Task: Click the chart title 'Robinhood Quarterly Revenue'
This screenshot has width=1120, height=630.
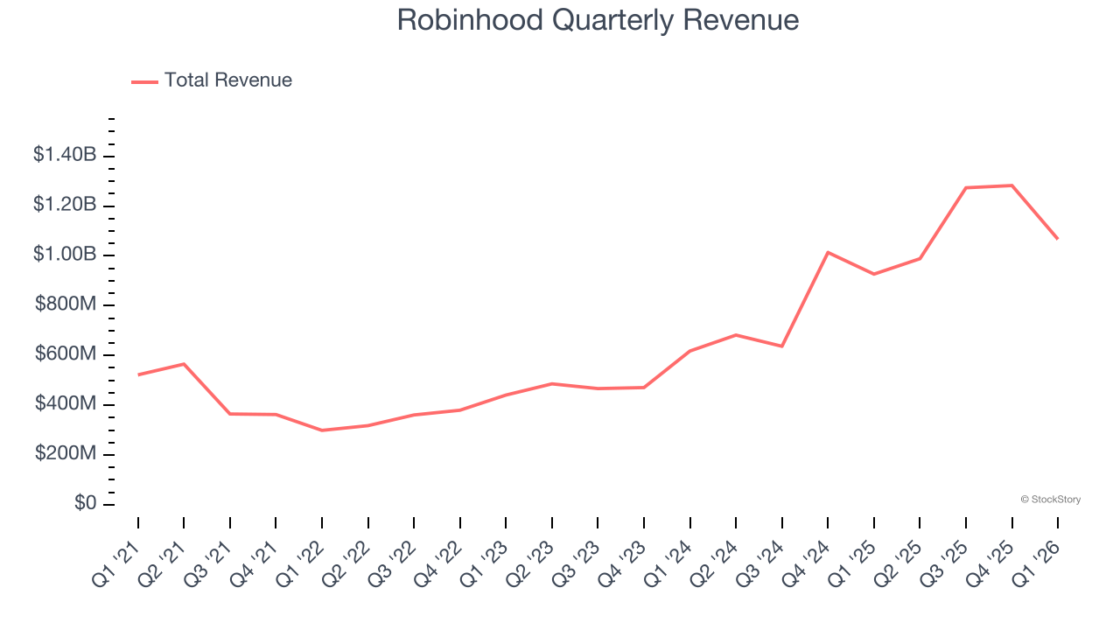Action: (x=598, y=19)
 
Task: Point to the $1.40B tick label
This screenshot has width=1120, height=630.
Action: (x=65, y=155)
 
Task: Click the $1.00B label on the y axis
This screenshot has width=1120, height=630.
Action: (x=65, y=255)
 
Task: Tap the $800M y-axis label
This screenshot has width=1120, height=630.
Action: (x=66, y=304)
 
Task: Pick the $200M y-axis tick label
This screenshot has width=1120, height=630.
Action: (x=66, y=453)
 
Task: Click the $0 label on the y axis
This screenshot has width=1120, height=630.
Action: (x=87, y=503)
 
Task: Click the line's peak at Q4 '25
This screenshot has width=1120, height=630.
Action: (x=1011, y=185)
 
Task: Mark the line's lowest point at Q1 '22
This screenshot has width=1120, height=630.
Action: (x=322, y=430)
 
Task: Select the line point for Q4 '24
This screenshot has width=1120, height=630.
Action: (x=828, y=252)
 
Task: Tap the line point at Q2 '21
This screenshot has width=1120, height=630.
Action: (x=184, y=364)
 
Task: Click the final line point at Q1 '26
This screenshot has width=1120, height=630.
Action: (x=1057, y=238)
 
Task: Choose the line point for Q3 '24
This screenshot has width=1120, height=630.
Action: (x=781, y=346)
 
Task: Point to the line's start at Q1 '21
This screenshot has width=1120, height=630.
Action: (x=138, y=374)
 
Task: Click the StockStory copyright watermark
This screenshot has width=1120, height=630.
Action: (x=1050, y=500)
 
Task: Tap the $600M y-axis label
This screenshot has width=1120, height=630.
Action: (x=66, y=354)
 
